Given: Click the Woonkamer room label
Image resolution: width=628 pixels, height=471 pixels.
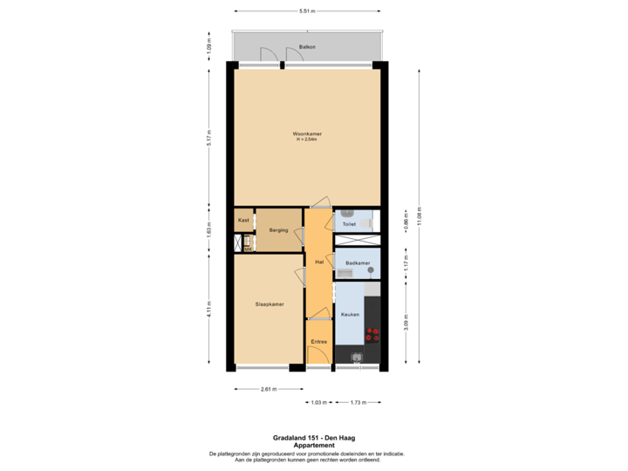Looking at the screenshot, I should [308, 133].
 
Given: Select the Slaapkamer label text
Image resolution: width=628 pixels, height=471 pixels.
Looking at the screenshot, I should [269, 304].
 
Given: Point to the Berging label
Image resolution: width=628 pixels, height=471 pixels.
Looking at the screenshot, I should [278, 230].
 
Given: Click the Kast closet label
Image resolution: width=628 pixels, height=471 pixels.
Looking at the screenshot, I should [243, 221].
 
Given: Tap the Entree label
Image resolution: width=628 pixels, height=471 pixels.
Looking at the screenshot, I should [318, 342].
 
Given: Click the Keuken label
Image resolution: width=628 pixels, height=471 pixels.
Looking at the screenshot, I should [350, 314].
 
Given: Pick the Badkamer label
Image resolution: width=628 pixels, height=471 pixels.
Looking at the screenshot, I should [358, 263].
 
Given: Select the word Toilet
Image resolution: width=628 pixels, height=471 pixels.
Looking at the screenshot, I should [349, 224].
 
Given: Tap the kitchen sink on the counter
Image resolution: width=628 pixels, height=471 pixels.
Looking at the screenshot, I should [356, 356].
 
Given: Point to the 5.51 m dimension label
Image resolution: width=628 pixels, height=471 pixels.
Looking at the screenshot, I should [307, 11].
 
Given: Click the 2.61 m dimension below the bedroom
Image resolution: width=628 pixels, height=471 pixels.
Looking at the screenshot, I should [269, 389].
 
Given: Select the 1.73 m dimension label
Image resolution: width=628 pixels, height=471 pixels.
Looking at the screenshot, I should [358, 402].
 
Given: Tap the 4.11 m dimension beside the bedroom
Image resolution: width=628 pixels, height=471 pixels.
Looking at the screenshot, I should [208, 310].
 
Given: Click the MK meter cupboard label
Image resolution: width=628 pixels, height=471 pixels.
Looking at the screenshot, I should [248, 249].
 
